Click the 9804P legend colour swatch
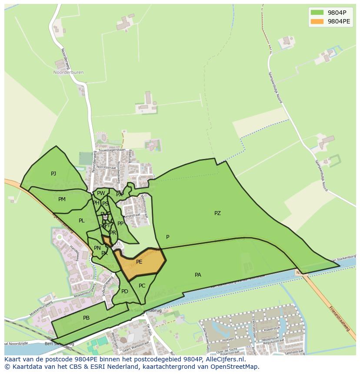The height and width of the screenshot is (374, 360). click(x=317, y=12)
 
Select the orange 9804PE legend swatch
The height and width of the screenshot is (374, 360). click(x=317, y=21)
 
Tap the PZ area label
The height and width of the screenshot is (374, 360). click(x=217, y=213)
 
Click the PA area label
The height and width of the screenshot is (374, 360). click(x=198, y=275)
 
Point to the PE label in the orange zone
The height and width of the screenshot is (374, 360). click(x=139, y=262)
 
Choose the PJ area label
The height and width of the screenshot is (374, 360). click(x=53, y=174)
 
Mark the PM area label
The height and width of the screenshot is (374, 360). click(x=62, y=199)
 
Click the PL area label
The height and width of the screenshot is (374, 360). click(x=82, y=221)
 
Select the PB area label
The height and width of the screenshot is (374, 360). click(x=86, y=318)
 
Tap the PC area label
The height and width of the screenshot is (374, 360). click(x=142, y=286)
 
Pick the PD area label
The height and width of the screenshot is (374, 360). click(x=125, y=291)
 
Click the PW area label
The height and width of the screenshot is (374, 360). click(x=101, y=194)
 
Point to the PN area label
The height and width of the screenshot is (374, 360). click(x=97, y=248)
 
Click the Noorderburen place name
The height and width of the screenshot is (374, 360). click(x=68, y=73)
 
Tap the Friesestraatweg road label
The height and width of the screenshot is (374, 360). click(x=340, y=319)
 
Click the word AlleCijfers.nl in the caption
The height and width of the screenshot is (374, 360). click(x=224, y=360)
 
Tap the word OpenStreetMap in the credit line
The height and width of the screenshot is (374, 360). click(x=237, y=367)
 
